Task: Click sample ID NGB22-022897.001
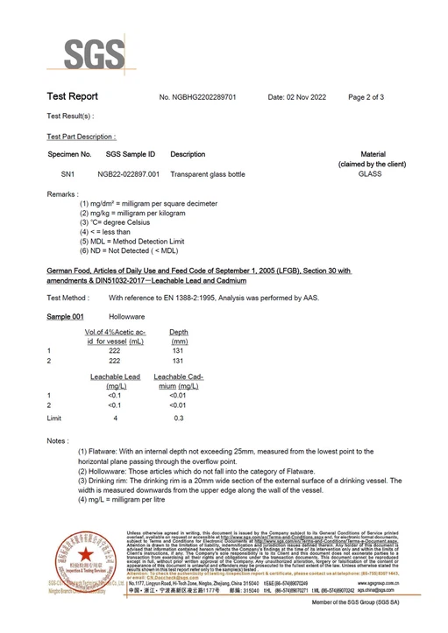click(128, 174)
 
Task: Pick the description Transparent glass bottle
click(210, 174)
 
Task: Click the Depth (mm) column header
click(179, 336)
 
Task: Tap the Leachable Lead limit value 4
click(115, 418)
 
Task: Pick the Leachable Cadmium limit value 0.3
click(179, 418)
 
